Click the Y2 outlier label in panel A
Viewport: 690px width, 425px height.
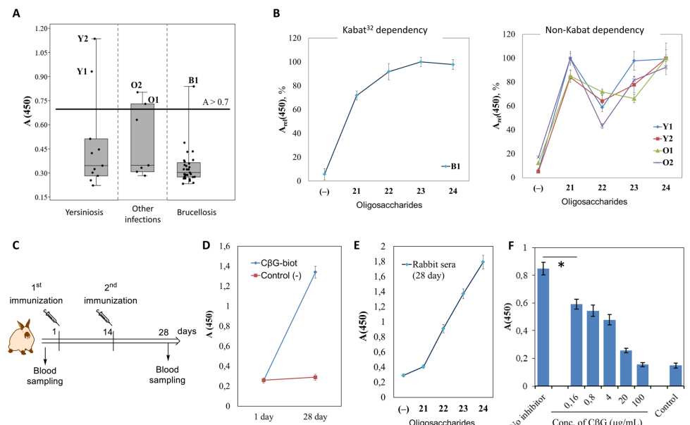(82, 38)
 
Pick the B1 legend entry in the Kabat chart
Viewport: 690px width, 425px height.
(451, 166)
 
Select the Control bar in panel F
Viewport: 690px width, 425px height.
(655, 375)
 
